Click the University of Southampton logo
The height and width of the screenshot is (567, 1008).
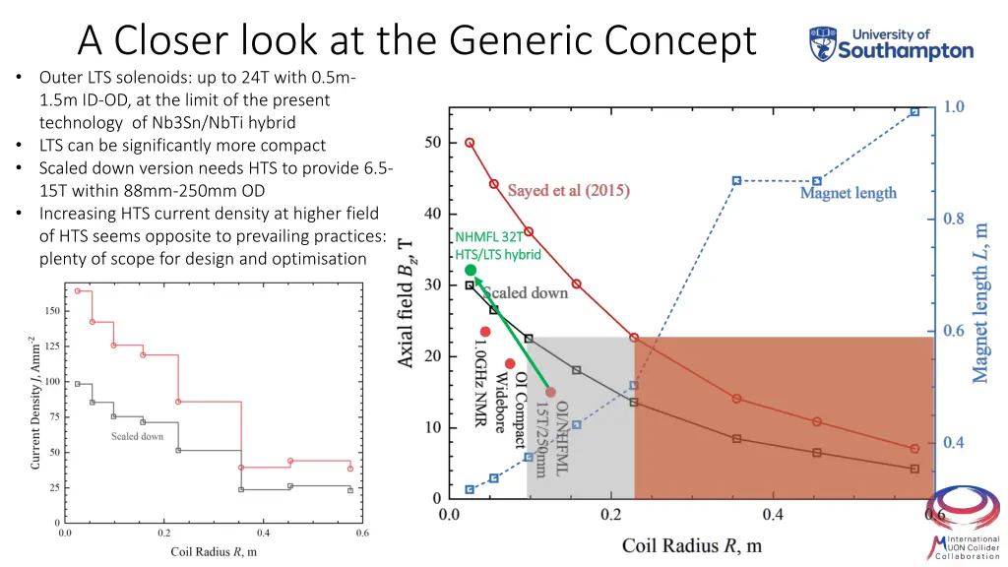coord(891,44)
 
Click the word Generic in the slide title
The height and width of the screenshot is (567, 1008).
coord(520,40)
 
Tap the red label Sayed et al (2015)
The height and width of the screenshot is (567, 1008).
coord(568,190)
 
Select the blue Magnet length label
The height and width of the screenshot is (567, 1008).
coord(848,193)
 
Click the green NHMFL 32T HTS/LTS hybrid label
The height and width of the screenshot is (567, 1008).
coord(498,245)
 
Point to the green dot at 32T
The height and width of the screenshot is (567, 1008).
coord(471,270)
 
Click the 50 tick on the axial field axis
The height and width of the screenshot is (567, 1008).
coord(432,143)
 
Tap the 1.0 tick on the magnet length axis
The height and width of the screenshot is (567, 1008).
coord(955,106)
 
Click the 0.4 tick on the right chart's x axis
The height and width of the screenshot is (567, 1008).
coord(773,515)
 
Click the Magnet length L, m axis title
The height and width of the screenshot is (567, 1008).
coord(980,301)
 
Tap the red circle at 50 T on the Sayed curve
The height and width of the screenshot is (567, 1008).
coord(470,143)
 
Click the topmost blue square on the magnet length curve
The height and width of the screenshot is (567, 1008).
coord(914,112)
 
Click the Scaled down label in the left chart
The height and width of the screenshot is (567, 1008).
coord(137,436)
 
